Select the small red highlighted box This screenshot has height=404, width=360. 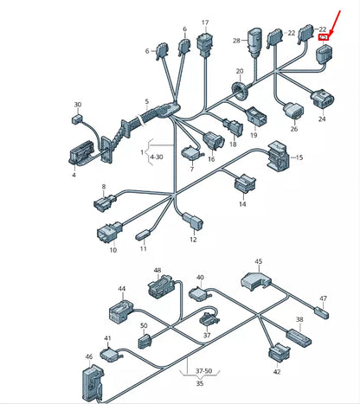click(x=322, y=38)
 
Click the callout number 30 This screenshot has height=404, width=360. click(x=77, y=105)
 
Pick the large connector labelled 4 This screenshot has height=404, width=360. click(x=83, y=154)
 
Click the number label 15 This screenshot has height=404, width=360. click(x=299, y=158)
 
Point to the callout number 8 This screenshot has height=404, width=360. click(x=104, y=186)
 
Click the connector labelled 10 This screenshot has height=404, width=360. click(x=109, y=233)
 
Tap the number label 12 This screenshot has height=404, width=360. click(x=193, y=238)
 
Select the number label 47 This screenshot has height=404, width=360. click(x=323, y=298)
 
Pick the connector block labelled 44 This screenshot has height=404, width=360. click(x=119, y=309)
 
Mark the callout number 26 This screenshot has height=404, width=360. click(x=294, y=129)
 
